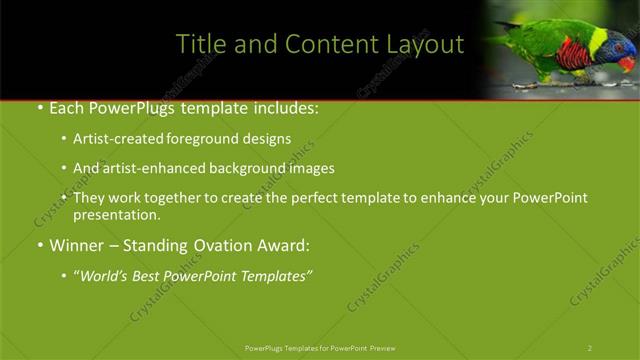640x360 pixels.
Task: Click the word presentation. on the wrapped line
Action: pos(116,215)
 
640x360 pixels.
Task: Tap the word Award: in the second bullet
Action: pos(283,245)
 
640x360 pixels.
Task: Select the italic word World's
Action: pos(105,275)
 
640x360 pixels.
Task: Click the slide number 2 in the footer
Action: pos(590,348)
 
